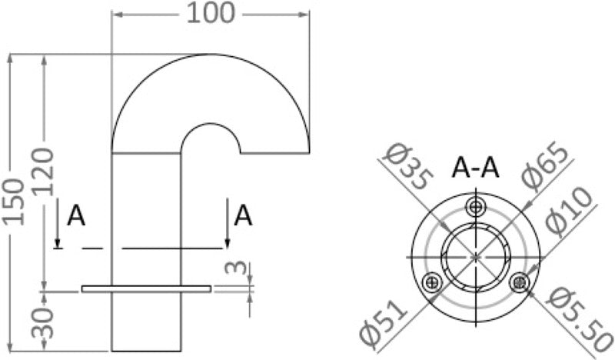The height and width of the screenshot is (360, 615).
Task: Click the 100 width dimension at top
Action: point(210,13)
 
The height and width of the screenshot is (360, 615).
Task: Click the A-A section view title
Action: point(476,167)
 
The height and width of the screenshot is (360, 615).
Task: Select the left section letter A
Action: point(76,216)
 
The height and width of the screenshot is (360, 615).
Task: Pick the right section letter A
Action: point(243,215)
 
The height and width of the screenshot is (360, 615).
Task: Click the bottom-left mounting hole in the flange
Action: point(434,282)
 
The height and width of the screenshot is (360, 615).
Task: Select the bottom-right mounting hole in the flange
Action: point(520,282)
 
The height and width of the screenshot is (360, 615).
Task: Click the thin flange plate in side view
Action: point(146,289)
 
